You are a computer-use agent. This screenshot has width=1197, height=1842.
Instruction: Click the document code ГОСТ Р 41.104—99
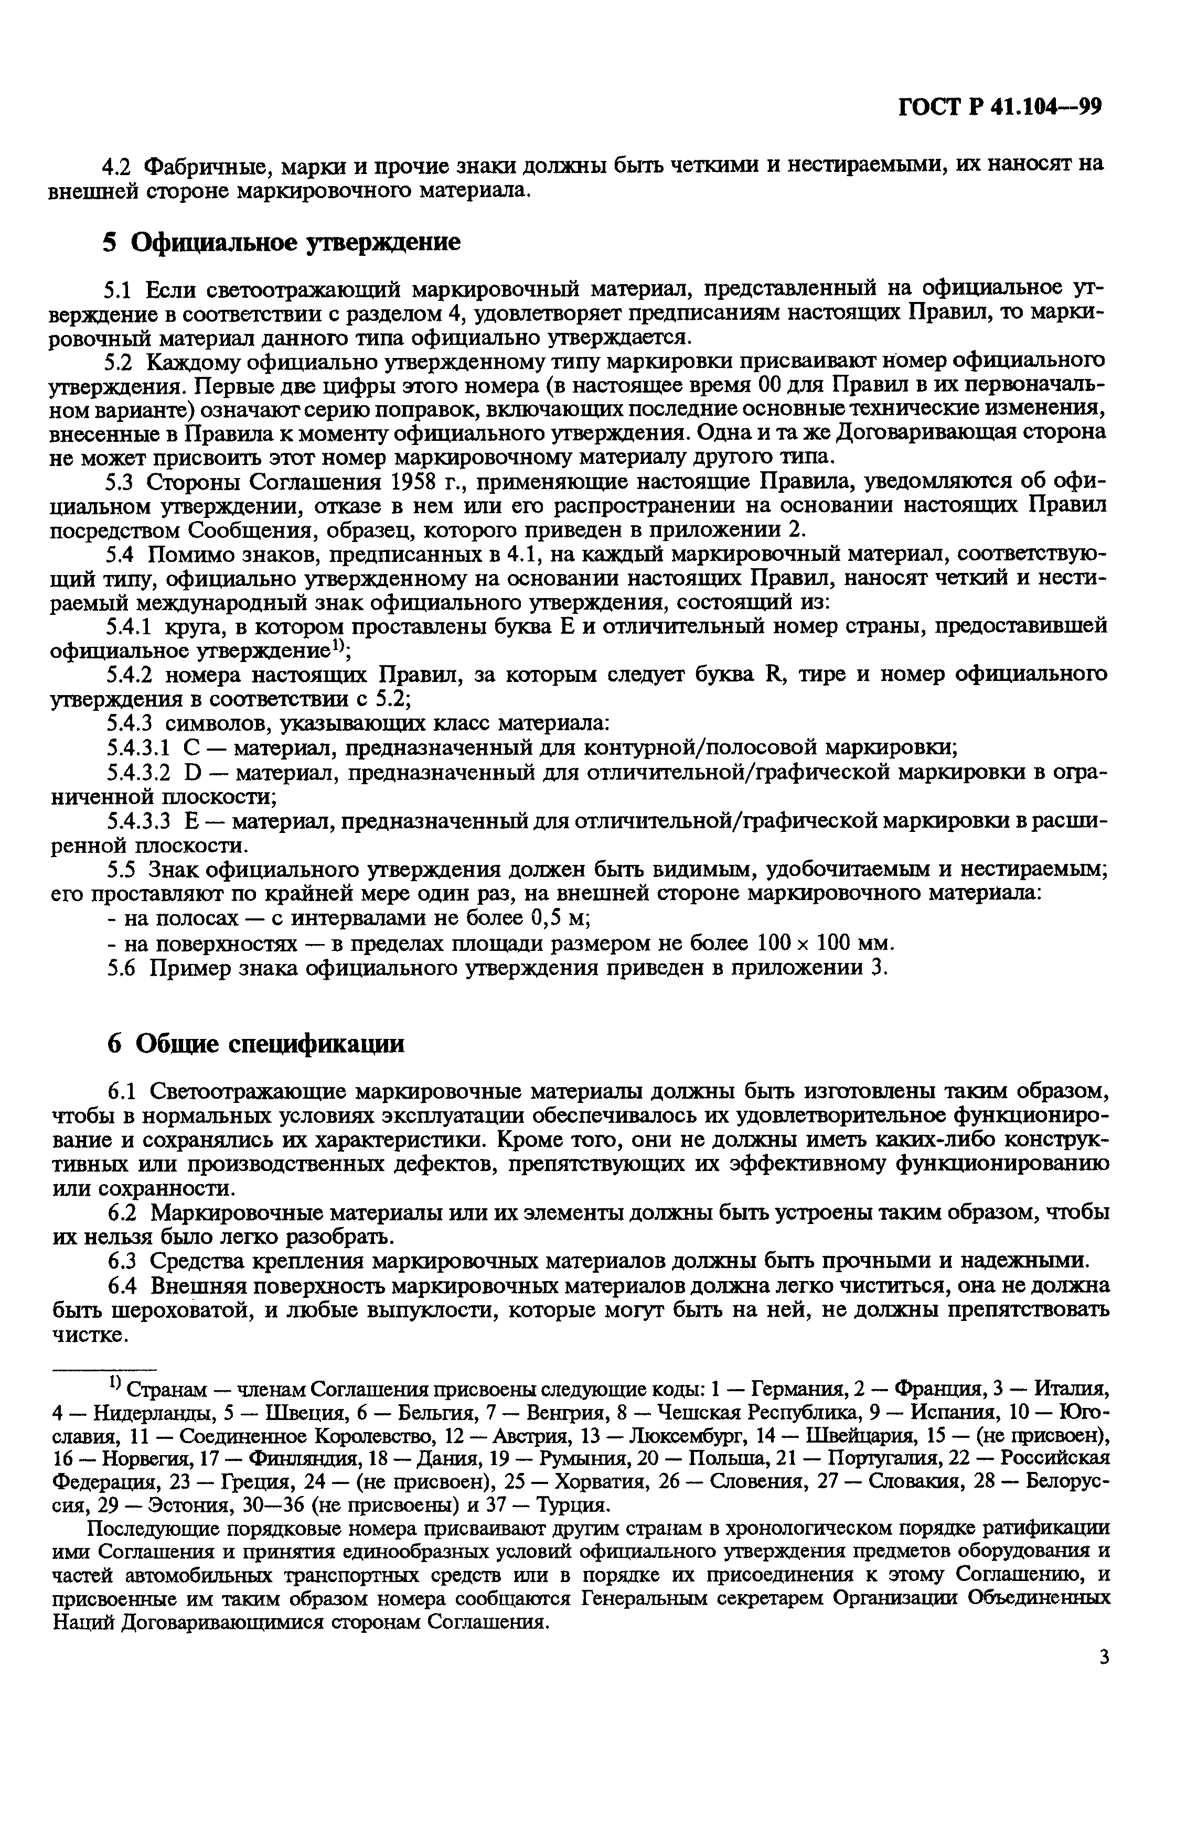999,106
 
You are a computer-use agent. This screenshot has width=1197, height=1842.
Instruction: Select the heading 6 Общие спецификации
255,1044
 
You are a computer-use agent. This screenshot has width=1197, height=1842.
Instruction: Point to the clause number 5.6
121,968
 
